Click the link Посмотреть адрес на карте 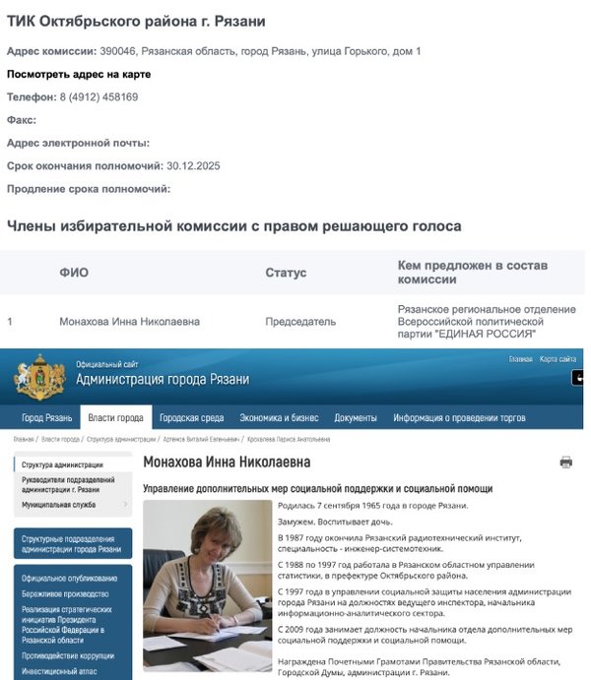(78, 74)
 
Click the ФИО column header (74, 273)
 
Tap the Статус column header (286, 273)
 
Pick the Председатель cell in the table (300, 322)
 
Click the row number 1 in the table (10, 322)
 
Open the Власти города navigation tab (115, 417)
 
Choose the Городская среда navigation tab (191, 417)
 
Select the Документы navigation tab (356, 417)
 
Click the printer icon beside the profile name (565, 462)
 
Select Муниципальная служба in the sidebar (59, 505)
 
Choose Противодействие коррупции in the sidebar (68, 655)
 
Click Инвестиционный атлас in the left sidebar (59, 672)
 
